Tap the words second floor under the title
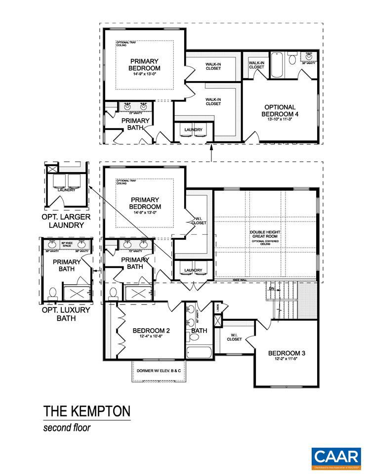(67, 428)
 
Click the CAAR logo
(335, 458)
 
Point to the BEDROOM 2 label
(152, 331)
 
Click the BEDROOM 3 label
(286, 353)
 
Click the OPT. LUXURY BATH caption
(66, 314)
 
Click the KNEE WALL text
(241, 281)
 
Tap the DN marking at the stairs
(271, 288)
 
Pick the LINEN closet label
(218, 308)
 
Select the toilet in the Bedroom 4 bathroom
(292, 60)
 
